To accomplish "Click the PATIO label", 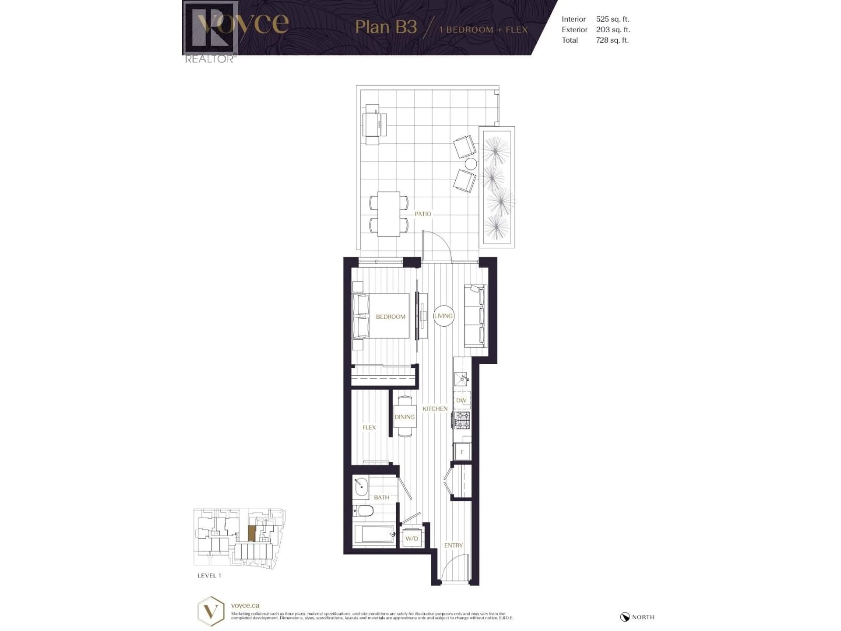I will [x=422, y=214].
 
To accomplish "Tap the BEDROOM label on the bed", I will [x=390, y=316].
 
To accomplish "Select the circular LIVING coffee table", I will [x=443, y=316].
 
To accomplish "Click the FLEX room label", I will [x=369, y=427].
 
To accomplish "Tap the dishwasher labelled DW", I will [x=461, y=400].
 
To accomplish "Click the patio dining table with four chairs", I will [x=389, y=214].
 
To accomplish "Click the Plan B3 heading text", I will [x=386, y=27].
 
